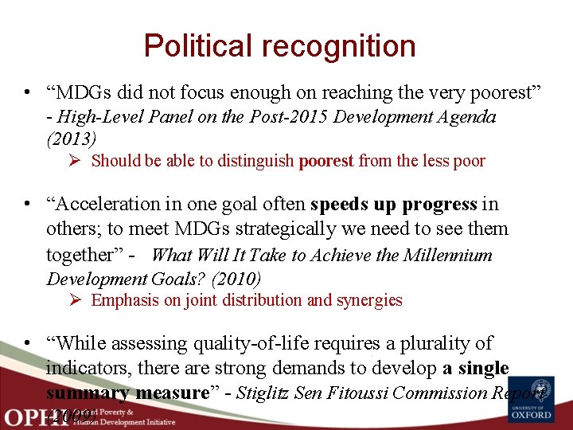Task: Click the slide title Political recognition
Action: pos(279,45)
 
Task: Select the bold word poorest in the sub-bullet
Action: pos(326,161)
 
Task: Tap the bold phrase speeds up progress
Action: pos(394,204)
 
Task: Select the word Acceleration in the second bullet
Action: pos(105,204)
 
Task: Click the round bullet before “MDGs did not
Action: pos(29,93)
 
